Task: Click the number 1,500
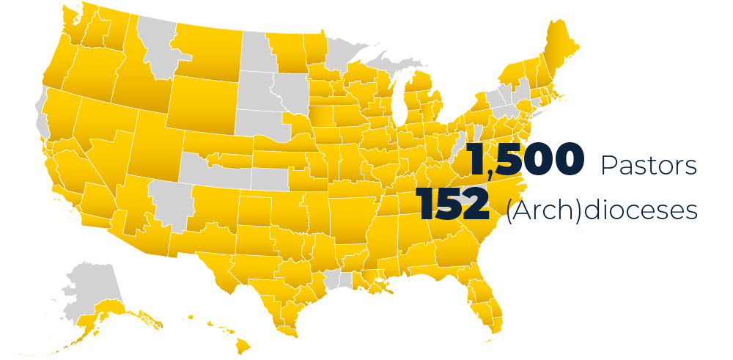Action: pos(526,161)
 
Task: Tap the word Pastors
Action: pos(649,166)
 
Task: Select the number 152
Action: pos(452,204)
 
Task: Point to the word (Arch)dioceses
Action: pos(601,210)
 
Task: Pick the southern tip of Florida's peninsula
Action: pos(496,323)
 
